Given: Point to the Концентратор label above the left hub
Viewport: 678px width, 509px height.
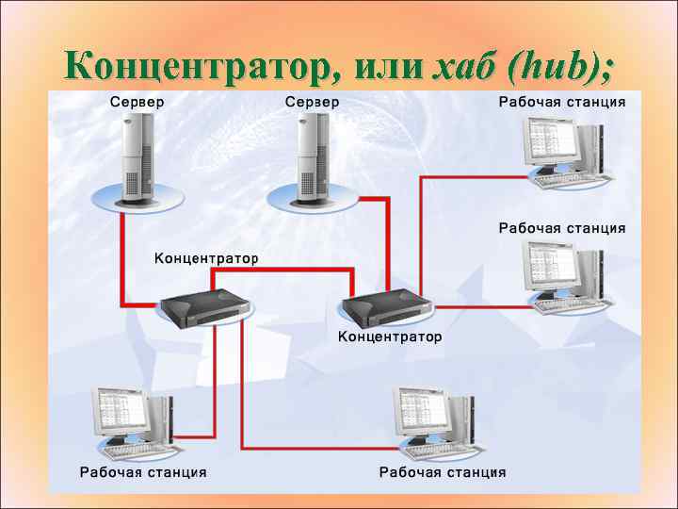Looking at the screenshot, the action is pos(206,257).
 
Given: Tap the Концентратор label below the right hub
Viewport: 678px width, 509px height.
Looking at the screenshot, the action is pos(390,336).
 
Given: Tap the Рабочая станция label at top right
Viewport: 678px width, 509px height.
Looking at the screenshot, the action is pos(562,101).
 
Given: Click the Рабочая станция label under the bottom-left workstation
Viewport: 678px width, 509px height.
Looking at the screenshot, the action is pos(143,471).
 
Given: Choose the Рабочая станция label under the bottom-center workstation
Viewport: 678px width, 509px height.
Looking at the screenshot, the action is pos(443,471).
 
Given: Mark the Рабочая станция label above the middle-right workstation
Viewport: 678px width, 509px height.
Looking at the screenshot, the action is pos(562,227).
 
